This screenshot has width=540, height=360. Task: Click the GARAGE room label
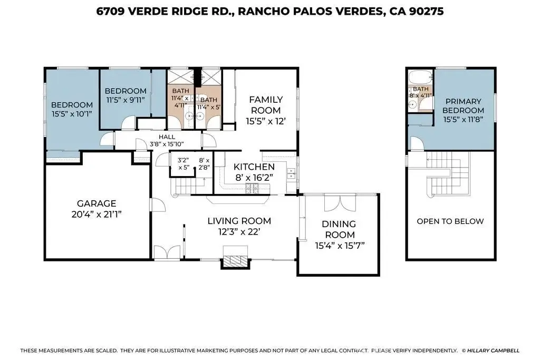tap(97, 203)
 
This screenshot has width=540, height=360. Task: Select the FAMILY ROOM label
tap(266, 105)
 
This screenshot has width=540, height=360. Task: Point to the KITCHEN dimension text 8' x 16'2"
tap(254, 178)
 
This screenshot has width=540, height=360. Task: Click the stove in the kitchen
tap(253, 188)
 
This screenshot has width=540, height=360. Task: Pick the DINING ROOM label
tap(340, 229)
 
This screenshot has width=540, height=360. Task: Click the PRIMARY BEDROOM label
tap(463, 105)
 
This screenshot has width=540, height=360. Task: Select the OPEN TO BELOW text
tap(450, 221)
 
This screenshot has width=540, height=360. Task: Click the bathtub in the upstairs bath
tap(420, 77)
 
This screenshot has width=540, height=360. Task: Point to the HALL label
tap(167, 137)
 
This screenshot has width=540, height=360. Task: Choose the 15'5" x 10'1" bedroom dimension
tap(72, 114)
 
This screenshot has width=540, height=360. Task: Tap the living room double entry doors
tap(167, 252)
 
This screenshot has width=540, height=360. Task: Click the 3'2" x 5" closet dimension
tap(184, 164)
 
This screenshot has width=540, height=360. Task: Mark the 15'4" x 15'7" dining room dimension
tap(340, 246)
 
